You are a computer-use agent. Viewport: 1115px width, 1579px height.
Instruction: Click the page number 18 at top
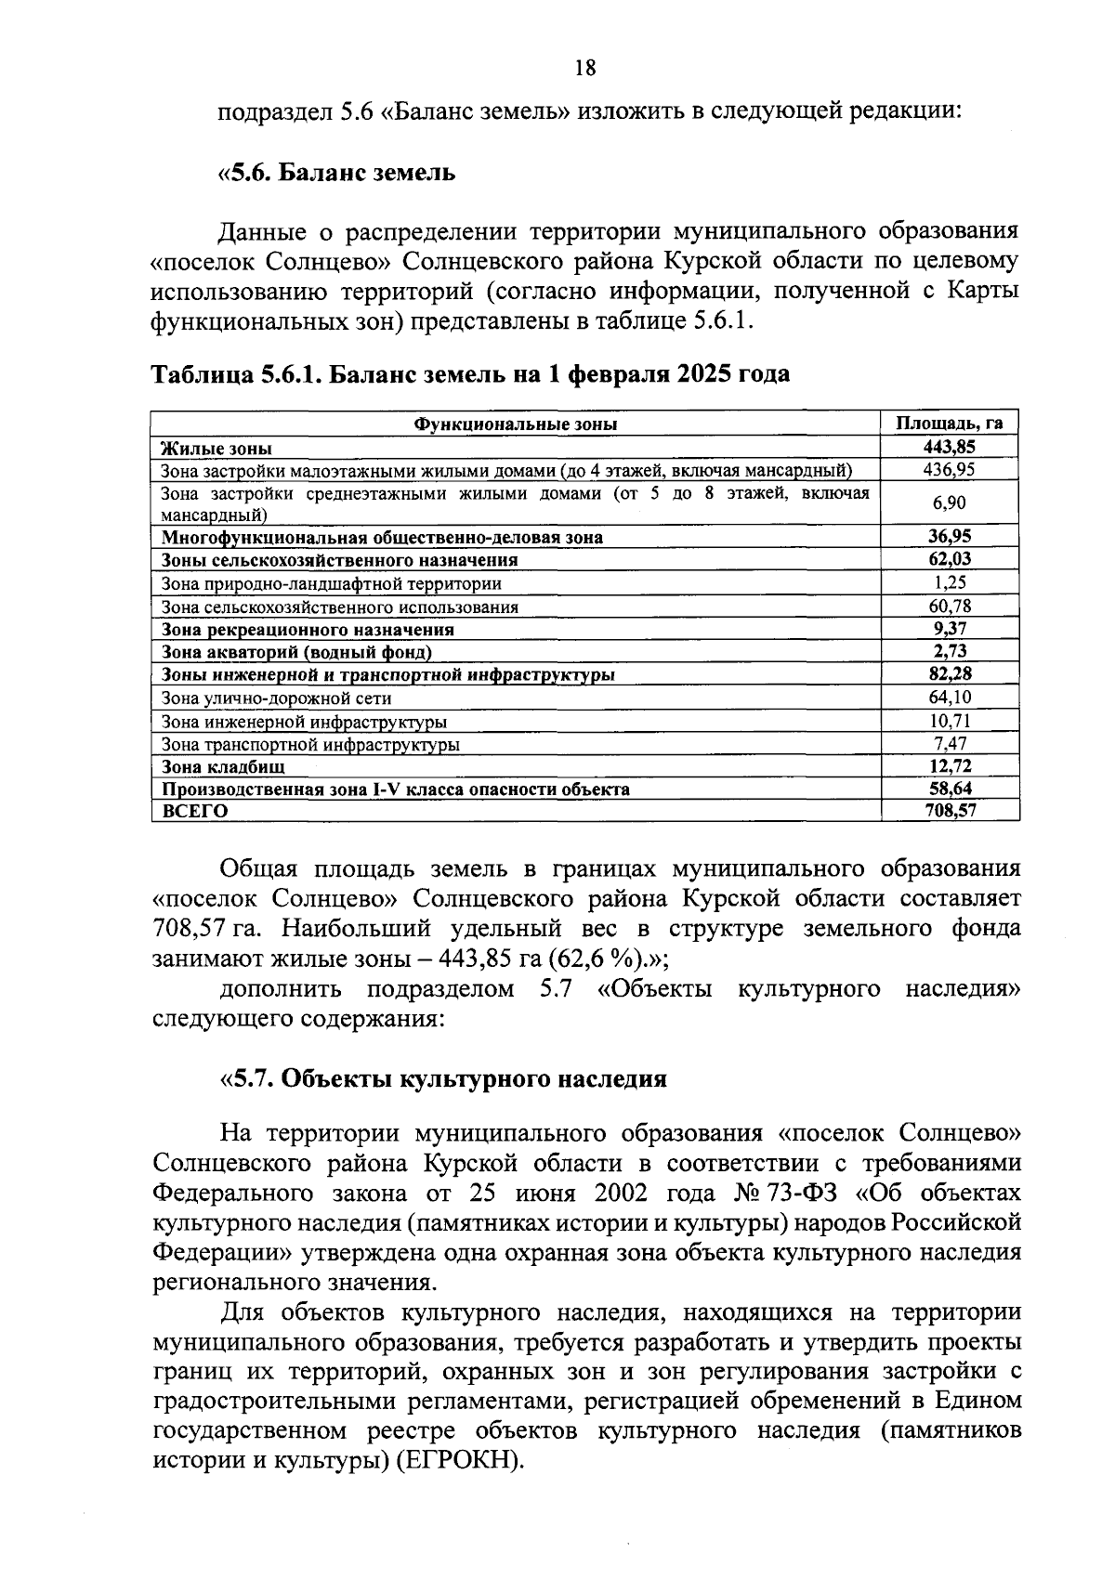coord(584,68)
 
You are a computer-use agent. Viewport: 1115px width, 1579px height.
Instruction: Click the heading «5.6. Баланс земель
coord(336,173)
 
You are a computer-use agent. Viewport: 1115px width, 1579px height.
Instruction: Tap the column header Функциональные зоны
coord(516,424)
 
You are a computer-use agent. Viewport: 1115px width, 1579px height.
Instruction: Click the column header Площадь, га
coord(950,424)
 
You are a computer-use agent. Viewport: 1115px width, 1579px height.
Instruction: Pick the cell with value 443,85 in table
coord(950,447)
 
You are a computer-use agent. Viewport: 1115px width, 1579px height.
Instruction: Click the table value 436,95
coord(950,469)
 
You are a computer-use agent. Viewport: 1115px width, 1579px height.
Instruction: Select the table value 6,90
coord(950,502)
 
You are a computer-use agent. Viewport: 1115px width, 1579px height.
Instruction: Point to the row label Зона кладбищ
coord(224,767)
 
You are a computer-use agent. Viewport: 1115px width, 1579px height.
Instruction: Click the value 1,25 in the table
coord(950,583)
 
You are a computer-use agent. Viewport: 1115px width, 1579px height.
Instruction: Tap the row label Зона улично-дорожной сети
coord(276,698)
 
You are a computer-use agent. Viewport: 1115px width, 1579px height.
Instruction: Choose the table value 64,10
coord(950,697)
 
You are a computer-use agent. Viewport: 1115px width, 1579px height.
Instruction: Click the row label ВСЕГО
coord(195,811)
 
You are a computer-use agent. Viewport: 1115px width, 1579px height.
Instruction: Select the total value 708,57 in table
coord(950,810)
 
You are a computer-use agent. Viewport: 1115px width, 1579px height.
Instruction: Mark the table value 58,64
coord(950,789)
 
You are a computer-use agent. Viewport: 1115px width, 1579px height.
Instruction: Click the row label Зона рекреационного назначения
coord(308,630)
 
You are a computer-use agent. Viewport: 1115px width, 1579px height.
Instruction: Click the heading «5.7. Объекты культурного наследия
coord(443,1078)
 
